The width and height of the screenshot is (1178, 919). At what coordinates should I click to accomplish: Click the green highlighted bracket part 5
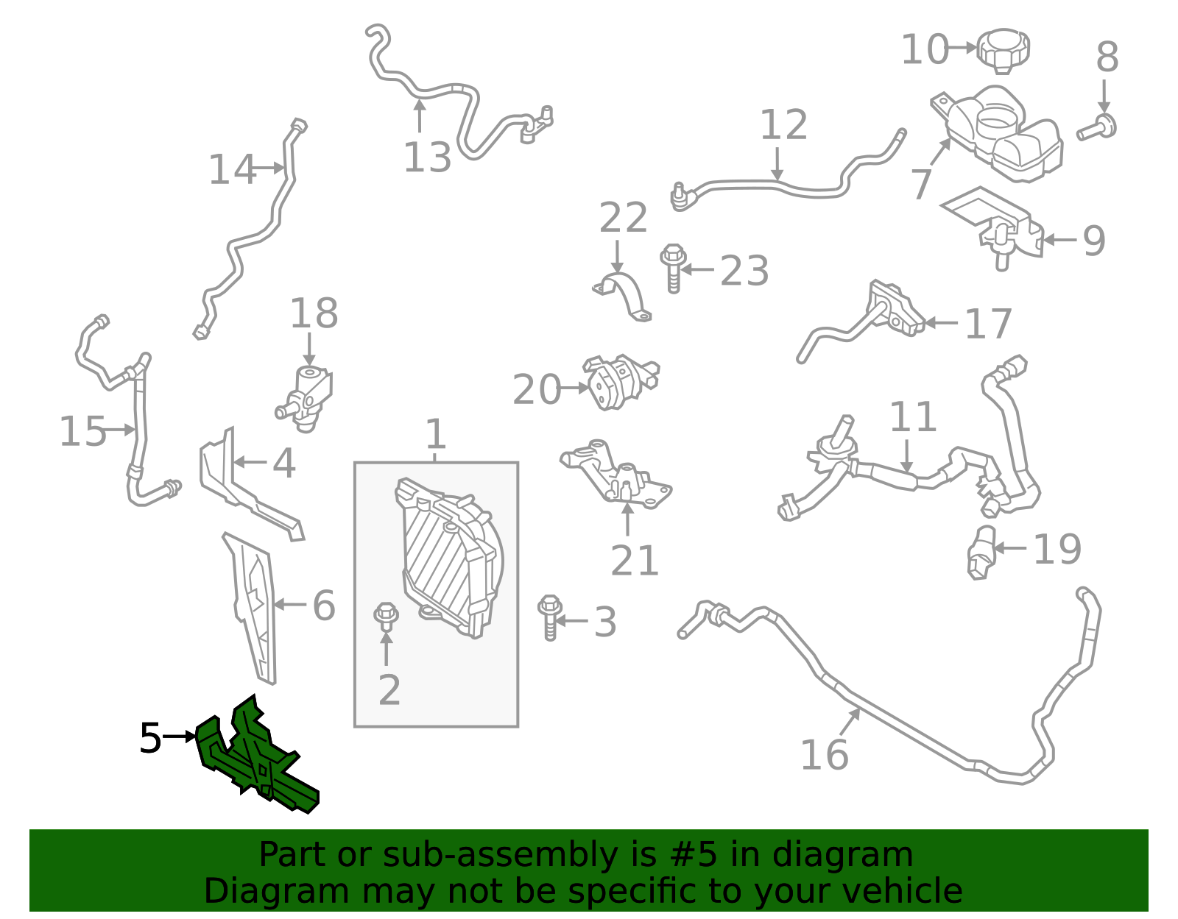pos(255,758)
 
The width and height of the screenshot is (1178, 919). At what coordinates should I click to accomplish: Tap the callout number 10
pos(925,49)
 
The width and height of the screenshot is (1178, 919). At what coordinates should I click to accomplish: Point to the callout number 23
pos(744,270)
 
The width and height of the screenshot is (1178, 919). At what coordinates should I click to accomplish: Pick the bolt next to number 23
pos(673,269)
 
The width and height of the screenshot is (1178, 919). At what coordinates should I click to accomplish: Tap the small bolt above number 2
pos(386,617)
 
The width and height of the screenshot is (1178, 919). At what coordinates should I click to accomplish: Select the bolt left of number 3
pos(550,617)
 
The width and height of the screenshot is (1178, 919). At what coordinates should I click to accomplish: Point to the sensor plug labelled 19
pos(981,553)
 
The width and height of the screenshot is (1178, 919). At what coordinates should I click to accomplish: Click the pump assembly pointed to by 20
pos(621,381)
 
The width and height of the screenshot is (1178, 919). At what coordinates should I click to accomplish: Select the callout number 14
pos(232,169)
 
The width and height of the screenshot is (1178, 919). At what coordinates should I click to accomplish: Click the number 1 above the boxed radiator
pos(436,434)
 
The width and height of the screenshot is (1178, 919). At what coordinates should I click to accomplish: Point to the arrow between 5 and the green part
pos(179,737)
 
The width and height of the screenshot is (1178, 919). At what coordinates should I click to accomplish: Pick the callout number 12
pos(784,124)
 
